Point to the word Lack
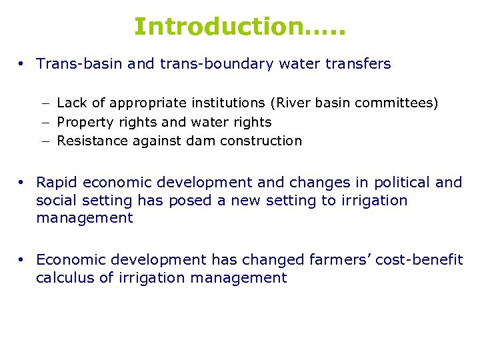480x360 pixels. pyautogui.click(x=71, y=103)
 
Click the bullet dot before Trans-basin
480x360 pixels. pyautogui.click(x=22, y=65)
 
